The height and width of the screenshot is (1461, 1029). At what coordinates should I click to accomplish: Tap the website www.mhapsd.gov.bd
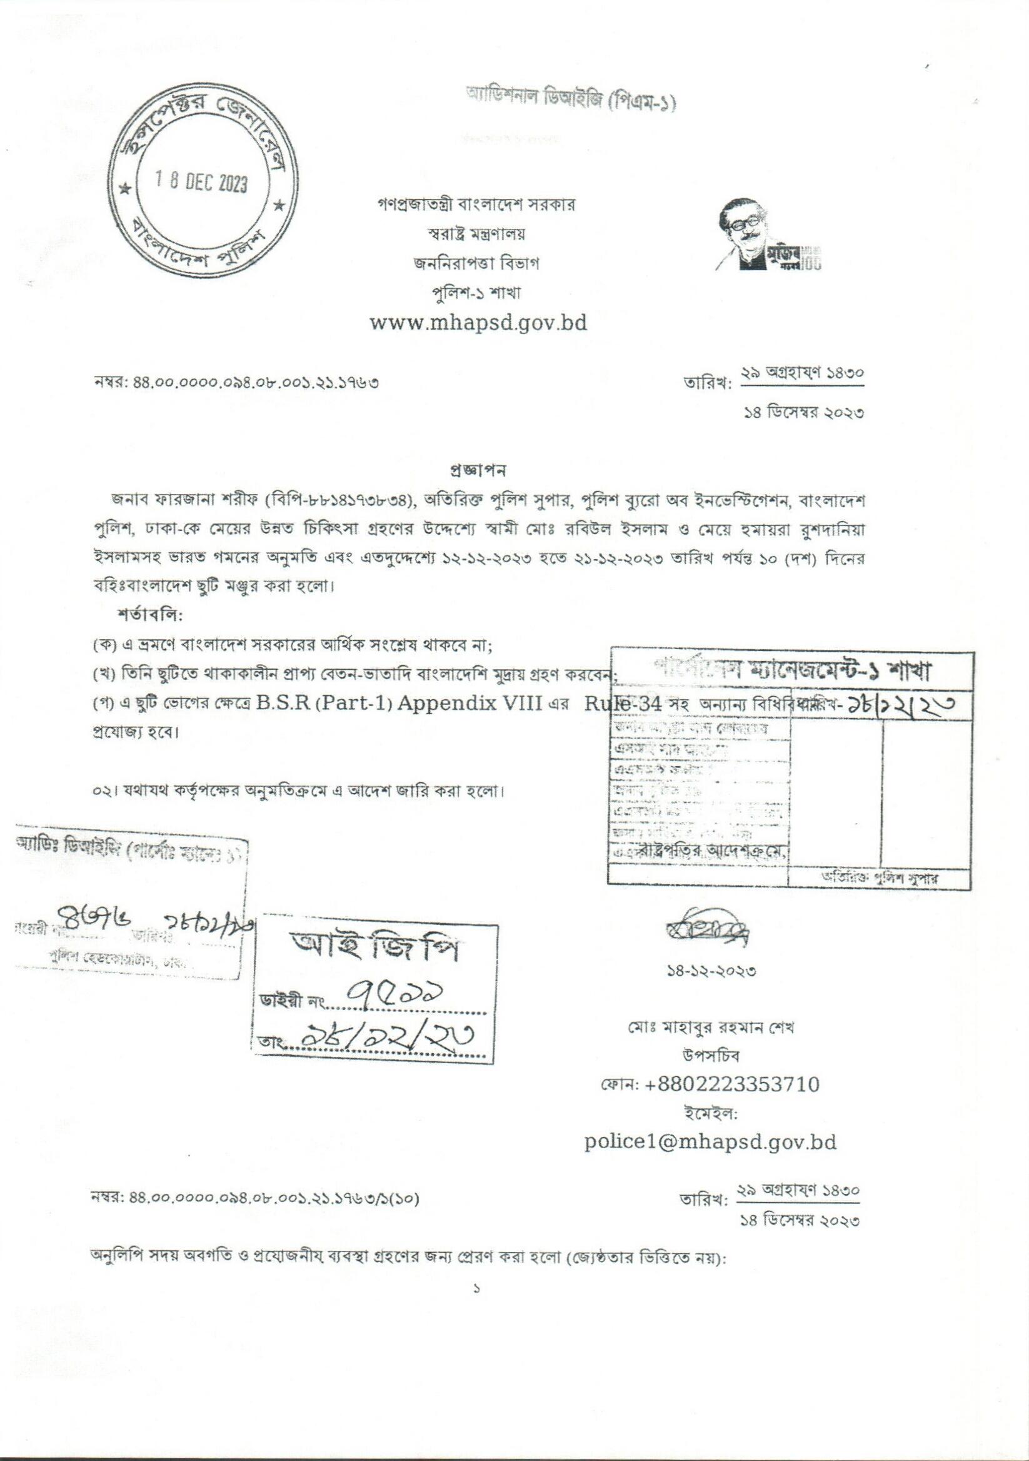478,323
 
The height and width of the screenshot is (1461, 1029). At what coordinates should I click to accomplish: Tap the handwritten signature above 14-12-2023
708,936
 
